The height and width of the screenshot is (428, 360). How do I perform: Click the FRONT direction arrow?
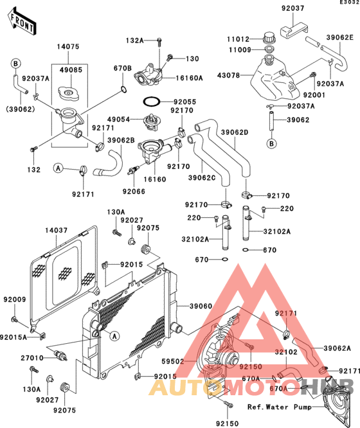click(22, 21)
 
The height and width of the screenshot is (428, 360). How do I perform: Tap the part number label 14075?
click(68, 47)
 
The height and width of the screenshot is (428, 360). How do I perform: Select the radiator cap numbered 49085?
click(69, 94)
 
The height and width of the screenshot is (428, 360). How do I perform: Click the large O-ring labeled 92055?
click(152, 102)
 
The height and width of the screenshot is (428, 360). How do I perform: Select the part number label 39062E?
click(340, 37)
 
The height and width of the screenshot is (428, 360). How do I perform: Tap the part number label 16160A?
click(189, 78)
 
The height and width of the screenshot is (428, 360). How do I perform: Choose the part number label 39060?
click(201, 307)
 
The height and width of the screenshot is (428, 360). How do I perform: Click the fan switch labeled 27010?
click(60, 356)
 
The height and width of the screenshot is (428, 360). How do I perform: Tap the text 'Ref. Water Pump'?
click(280, 407)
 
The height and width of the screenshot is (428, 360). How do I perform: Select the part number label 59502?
click(173, 361)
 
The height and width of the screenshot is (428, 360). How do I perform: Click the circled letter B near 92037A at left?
click(15, 64)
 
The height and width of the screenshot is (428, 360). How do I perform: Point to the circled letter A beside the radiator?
click(114, 336)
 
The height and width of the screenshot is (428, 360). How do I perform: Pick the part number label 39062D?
click(235, 132)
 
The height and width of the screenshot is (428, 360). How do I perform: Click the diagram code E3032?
click(350, 2)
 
